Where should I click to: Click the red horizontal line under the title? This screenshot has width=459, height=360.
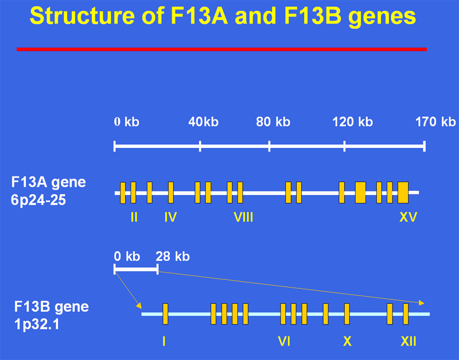(x=221, y=49)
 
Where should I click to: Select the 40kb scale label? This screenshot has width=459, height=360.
(x=204, y=122)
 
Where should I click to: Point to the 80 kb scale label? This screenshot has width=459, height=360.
(x=273, y=122)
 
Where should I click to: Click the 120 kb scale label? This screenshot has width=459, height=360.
(x=352, y=122)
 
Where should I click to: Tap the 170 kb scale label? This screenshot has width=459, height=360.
(x=435, y=122)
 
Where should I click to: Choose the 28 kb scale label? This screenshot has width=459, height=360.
(x=173, y=256)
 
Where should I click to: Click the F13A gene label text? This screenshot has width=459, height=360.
(x=49, y=183)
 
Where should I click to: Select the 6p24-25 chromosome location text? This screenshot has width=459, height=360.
(x=38, y=200)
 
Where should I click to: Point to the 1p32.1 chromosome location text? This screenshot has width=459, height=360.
(x=37, y=324)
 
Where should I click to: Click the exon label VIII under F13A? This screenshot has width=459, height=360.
(x=243, y=217)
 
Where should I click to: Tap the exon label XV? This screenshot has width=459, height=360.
(x=408, y=217)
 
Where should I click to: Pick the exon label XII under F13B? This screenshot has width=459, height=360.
(x=409, y=341)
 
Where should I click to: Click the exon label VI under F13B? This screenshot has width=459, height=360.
(x=284, y=341)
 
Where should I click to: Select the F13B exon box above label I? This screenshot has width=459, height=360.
(x=165, y=314)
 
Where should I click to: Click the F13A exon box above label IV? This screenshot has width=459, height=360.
(x=171, y=193)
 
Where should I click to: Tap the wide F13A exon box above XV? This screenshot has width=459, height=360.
(x=403, y=193)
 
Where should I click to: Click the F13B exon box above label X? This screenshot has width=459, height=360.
(x=347, y=314)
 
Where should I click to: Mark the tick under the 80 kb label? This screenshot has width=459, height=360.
(x=269, y=146)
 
